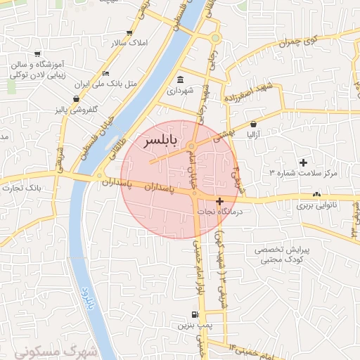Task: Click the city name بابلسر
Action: pyautogui.click(x=162, y=142)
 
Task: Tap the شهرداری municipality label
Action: pyautogui.click(x=182, y=91)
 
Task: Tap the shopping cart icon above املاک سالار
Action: pyautogui.click(x=129, y=32)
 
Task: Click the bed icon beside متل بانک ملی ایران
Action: pyautogui.click(x=105, y=73)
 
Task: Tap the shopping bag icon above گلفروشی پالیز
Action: pyautogui.click(x=76, y=98)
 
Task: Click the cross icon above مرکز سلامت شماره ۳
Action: pyautogui.click(x=303, y=163)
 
